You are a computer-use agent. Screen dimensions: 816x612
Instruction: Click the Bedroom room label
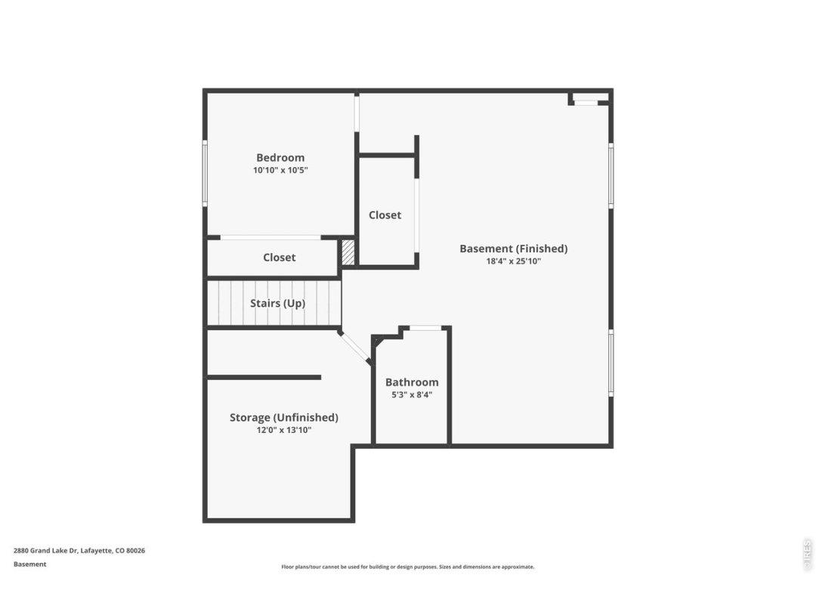(x=280, y=158)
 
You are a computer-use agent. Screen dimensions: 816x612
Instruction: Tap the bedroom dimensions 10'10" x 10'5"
(x=280, y=170)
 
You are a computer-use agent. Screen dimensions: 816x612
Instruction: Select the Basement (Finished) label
(x=513, y=249)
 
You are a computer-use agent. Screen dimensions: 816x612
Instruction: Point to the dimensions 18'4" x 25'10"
(x=514, y=261)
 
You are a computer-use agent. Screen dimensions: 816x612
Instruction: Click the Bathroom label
(x=412, y=382)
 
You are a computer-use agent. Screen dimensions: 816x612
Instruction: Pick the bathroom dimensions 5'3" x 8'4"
(x=412, y=394)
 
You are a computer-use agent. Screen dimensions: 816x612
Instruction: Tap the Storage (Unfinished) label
(x=284, y=417)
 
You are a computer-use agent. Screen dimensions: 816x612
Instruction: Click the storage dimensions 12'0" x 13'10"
(x=284, y=430)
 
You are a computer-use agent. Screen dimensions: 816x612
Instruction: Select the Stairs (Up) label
(x=277, y=304)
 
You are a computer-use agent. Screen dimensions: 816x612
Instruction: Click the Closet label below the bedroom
(x=279, y=258)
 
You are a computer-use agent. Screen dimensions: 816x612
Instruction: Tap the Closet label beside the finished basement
(x=385, y=215)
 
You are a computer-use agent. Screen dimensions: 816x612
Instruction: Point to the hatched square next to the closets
(x=348, y=252)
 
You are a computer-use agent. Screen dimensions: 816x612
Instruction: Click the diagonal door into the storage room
(x=354, y=347)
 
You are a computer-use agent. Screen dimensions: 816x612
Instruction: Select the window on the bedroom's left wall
(x=205, y=173)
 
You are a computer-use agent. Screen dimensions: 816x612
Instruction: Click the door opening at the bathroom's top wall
(x=425, y=328)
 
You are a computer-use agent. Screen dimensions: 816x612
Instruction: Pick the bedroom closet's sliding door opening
(x=270, y=237)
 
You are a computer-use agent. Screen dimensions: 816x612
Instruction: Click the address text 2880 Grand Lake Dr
(x=45, y=551)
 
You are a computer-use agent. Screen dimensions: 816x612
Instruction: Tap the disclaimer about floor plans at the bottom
(x=407, y=567)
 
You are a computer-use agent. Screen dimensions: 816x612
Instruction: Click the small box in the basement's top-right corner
(x=589, y=98)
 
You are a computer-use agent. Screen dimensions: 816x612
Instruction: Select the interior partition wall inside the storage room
(x=264, y=377)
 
